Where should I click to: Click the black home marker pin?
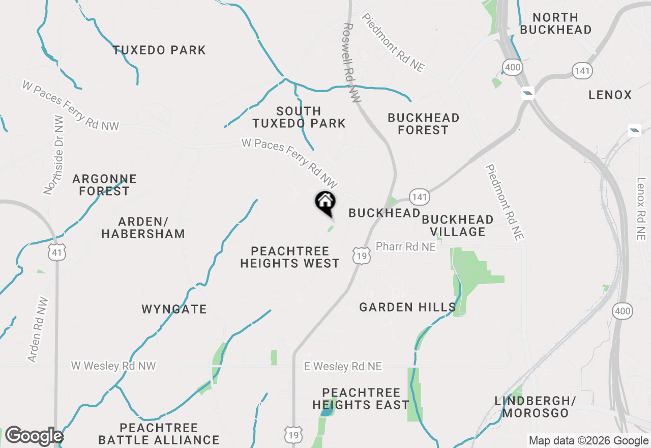coord(325,203)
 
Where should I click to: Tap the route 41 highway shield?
coord(57,252)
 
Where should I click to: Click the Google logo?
coord(34,436)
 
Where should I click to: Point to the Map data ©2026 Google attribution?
coord(588,441)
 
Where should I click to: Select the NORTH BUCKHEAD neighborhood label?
coord(555,23)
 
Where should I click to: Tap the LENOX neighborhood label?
coord(610,95)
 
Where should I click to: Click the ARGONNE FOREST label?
coord(104,185)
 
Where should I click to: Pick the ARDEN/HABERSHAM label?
coord(143,228)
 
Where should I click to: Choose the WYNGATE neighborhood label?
coord(174,309)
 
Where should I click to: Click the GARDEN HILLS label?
coord(407,307)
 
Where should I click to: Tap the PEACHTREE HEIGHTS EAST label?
coord(361,399)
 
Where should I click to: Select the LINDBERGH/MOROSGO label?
coord(535,406)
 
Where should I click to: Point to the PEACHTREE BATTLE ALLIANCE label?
coord(159,433)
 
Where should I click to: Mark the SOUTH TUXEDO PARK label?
coord(299,117)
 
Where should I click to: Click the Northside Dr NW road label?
coord(54,155)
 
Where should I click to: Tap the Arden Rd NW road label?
coord(39,329)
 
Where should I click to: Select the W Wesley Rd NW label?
coord(113,366)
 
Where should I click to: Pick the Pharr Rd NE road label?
coord(405,246)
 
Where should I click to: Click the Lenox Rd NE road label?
coord(641,209)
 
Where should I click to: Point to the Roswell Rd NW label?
coord(351,63)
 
